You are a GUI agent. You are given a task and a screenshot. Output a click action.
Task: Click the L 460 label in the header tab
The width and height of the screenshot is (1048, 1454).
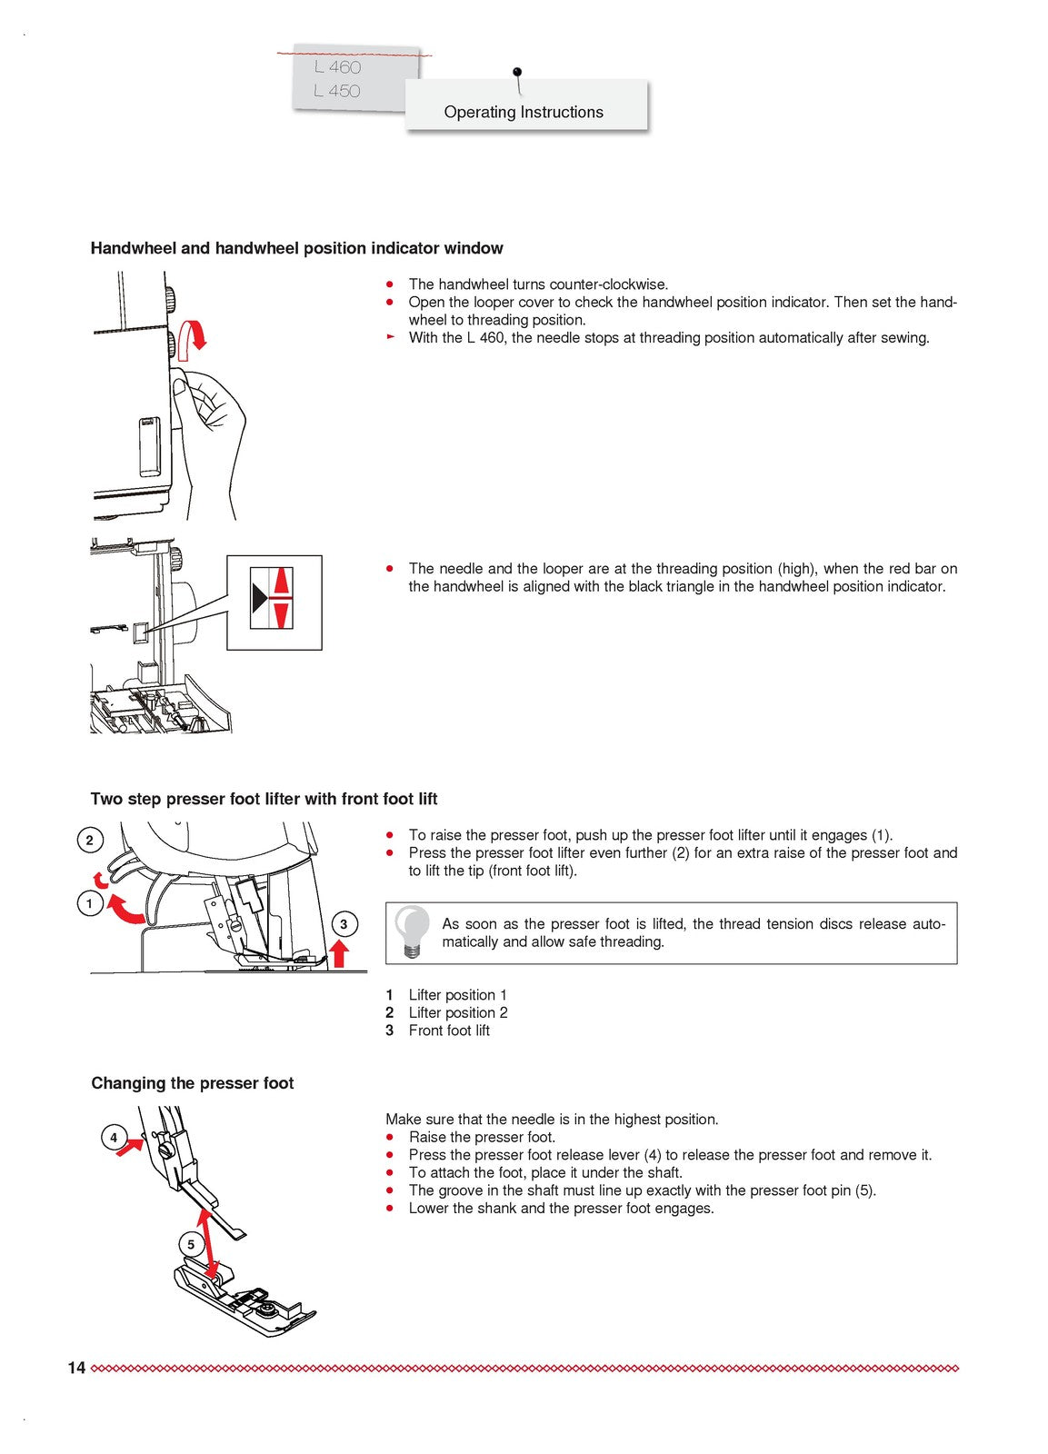click(338, 67)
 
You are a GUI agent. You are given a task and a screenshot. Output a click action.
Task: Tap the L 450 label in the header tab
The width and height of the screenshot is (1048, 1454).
click(337, 91)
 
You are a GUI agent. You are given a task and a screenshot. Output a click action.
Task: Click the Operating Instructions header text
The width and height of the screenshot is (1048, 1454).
click(524, 112)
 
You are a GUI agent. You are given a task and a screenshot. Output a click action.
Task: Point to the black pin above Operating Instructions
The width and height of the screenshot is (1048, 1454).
click(517, 72)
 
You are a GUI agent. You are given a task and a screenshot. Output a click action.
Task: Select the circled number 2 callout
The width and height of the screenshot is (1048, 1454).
click(89, 840)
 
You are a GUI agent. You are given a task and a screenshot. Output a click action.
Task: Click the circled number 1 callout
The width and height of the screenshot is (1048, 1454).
click(89, 904)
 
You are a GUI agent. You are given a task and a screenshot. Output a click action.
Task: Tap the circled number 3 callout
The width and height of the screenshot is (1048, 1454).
click(344, 924)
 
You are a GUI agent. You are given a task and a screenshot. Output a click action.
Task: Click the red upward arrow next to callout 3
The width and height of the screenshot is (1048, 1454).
click(340, 953)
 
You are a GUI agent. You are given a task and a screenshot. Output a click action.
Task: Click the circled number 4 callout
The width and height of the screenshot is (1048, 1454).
click(114, 1138)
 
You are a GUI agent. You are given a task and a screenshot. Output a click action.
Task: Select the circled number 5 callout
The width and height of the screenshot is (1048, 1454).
click(191, 1245)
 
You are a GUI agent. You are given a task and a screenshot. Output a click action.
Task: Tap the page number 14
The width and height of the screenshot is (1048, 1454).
click(76, 1368)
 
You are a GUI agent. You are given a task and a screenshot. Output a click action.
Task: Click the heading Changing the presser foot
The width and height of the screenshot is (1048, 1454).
click(193, 1083)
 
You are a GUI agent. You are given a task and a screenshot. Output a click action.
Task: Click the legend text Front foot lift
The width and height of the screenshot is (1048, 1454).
click(449, 1031)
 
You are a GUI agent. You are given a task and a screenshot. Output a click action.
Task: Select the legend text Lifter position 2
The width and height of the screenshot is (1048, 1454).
click(458, 1012)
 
